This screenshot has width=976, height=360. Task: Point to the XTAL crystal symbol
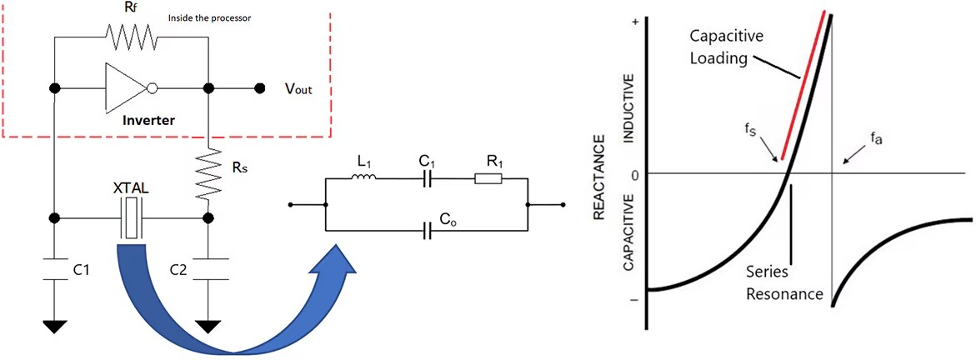pyautogui.click(x=131, y=218)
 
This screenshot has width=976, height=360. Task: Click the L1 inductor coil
pyautogui.click(x=365, y=177)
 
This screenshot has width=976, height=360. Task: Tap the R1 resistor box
pyautogui.click(x=487, y=177)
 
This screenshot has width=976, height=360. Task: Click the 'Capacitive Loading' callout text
pyautogui.click(x=723, y=47)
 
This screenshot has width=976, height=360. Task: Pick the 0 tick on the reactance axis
pyautogui.click(x=636, y=174)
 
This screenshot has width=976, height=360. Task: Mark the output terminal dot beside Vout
pyautogui.click(x=261, y=87)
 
